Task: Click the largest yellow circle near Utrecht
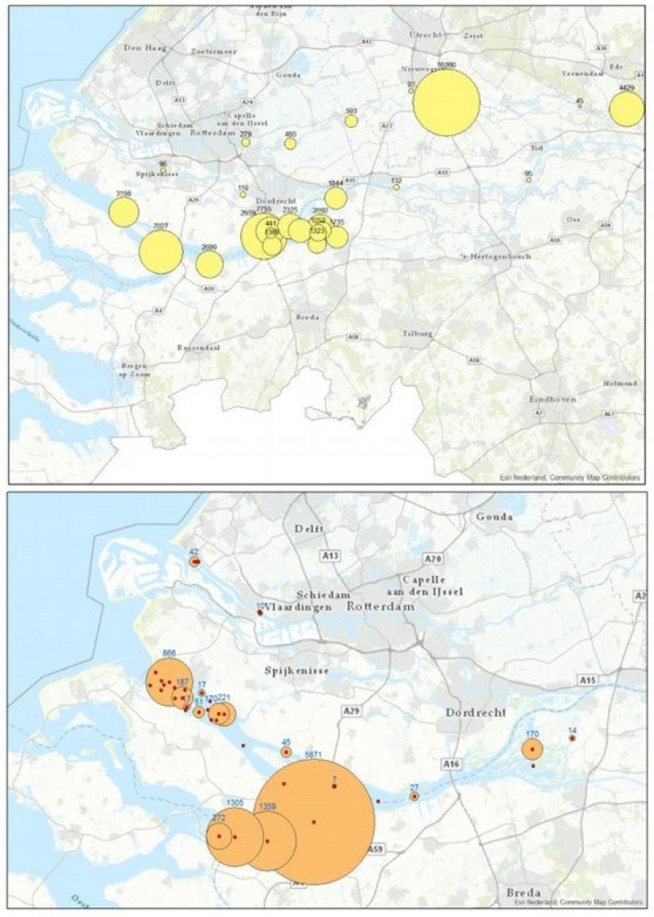click(x=446, y=102)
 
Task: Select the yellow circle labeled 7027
click(x=160, y=252)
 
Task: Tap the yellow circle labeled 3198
click(x=123, y=212)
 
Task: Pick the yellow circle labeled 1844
click(x=335, y=198)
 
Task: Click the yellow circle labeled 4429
click(x=626, y=109)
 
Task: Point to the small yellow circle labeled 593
click(x=352, y=121)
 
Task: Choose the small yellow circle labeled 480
click(x=290, y=144)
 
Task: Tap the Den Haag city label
click(x=144, y=48)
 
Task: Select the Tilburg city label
click(x=417, y=334)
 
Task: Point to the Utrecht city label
click(x=425, y=35)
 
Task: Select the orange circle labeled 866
click(x=169, y=681)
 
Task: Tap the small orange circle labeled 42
click(x=195, y=562)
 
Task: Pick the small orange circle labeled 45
click(x=286, y=752)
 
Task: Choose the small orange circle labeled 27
click(x=414, y=796)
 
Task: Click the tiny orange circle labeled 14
click(x=572, y=738)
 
